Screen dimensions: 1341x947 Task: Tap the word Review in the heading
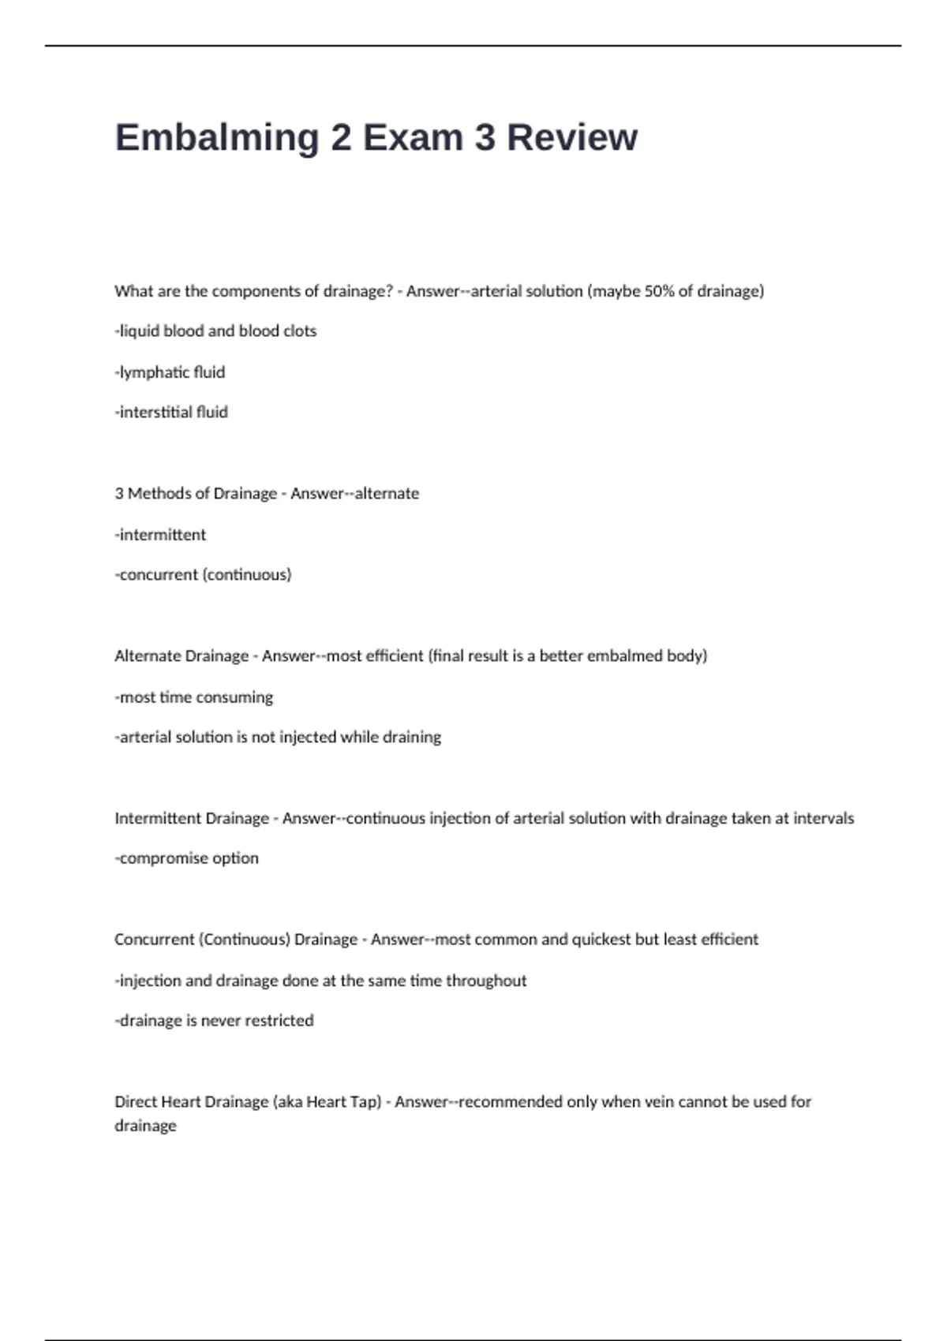571,138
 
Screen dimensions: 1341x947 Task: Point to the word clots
300,331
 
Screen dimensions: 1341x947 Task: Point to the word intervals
823,819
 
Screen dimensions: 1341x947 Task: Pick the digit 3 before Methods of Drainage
119,494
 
